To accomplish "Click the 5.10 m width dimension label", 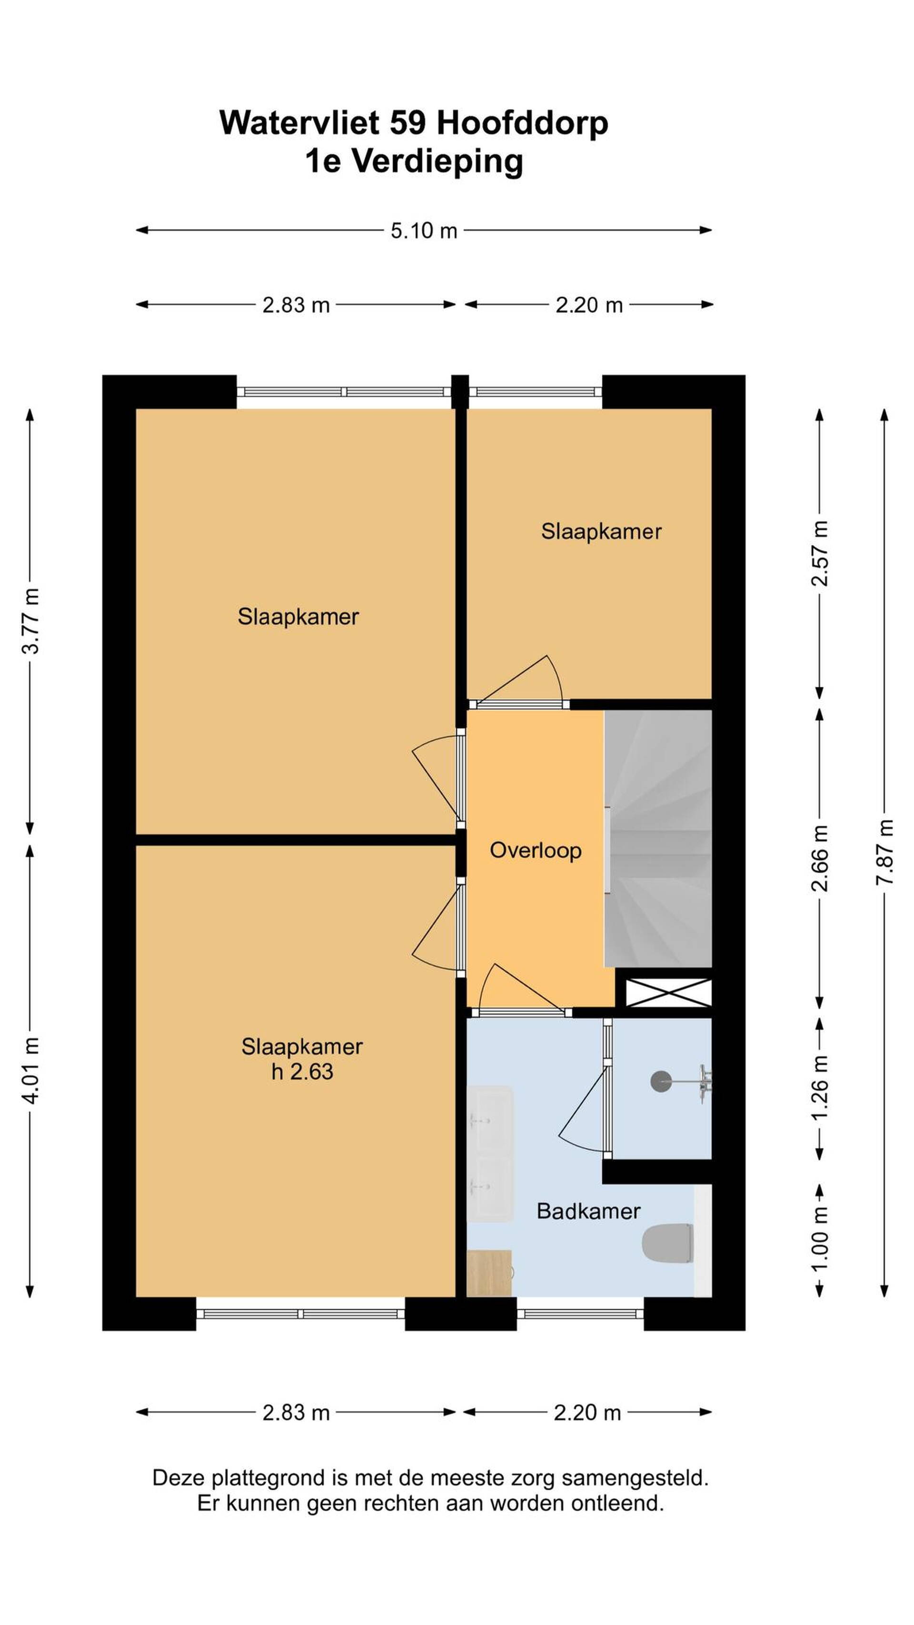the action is coord(423,230).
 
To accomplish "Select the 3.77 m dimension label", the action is coord(31,621).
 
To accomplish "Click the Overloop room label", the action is coord(536,850).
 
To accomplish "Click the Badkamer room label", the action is coord(588,1211).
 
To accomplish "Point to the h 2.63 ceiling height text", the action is coord(302,1072).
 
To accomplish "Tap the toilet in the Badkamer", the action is coord(667,1243).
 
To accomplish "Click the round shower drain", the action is coord(661,1081).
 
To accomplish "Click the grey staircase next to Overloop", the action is coord(658,838).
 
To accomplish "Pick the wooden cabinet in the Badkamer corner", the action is coord(489,1273).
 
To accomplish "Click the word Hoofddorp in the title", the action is coord(522,123).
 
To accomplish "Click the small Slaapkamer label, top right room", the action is coord(601,531).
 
